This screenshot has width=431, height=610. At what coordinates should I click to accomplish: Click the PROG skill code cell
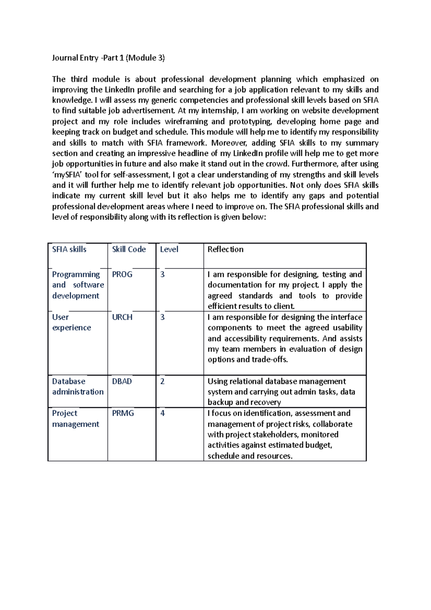coord(122,274)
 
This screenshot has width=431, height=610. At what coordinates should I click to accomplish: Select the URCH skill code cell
coord(122,317)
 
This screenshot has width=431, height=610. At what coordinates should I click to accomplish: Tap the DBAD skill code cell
coord(122,382)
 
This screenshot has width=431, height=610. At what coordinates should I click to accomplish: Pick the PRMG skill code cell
coord(123,413)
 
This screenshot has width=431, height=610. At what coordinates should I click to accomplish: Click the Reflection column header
coord(225,249)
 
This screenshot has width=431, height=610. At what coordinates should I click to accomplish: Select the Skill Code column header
coord(129,249)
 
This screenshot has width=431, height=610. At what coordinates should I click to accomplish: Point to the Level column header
coord(169,249)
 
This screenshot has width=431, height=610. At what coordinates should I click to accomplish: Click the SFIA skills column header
coord(69,249)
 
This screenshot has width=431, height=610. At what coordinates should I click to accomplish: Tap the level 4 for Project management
coord(162,413)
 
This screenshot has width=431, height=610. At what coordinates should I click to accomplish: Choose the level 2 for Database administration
coord(162,382)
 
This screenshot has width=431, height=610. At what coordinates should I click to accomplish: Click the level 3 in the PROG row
coord(162,274)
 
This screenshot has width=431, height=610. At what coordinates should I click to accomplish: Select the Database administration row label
coord(78,387)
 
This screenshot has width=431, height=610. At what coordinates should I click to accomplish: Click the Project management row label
coord(75,419)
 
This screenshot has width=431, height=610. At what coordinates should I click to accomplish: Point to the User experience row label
coord(71,322)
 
